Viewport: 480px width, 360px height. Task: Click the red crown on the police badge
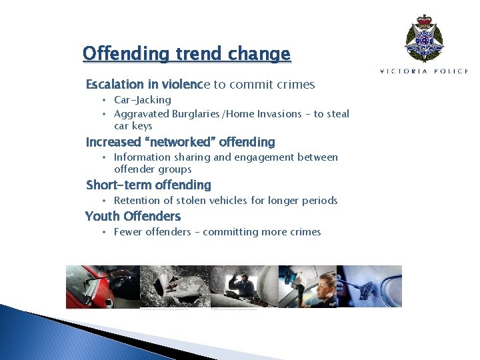(424, 21)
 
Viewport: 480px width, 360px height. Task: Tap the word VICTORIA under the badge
(401, 71)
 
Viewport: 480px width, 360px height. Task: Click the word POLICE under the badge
(450, 71)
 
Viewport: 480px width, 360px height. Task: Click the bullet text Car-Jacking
(143, 100)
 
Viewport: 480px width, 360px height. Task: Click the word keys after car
(142, 126)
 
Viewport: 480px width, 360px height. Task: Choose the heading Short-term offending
(148, 185)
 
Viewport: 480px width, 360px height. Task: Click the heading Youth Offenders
(133, 216)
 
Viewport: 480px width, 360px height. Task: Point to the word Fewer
(128, 232)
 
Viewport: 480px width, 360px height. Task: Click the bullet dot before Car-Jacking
(104, 100)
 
